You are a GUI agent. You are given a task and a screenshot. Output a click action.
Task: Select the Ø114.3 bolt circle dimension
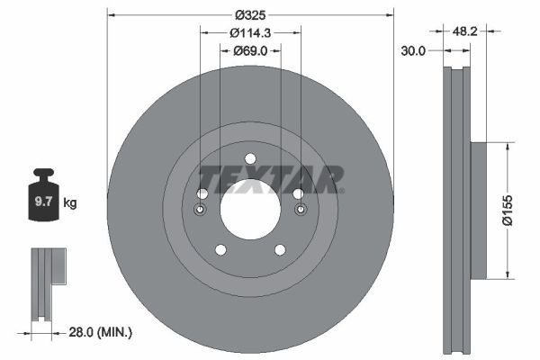click(250, 31)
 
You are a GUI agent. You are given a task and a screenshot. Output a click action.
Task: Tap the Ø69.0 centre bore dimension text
click(250, 51)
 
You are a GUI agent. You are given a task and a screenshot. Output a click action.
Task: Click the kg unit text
click(70, 203)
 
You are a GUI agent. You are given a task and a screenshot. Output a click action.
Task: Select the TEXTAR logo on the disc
click(271, 177)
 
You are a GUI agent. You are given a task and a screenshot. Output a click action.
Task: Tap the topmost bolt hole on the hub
click(250, 159)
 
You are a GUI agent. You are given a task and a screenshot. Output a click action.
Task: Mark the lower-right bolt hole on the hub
click(280, 249)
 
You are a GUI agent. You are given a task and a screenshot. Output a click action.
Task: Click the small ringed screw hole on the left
click(200, 210)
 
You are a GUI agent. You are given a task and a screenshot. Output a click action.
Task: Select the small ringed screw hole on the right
click(300, 210)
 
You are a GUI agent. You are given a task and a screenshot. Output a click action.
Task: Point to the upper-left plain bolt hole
click(202, 193)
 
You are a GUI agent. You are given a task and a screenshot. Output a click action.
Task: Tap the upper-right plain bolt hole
click(298, 193)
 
